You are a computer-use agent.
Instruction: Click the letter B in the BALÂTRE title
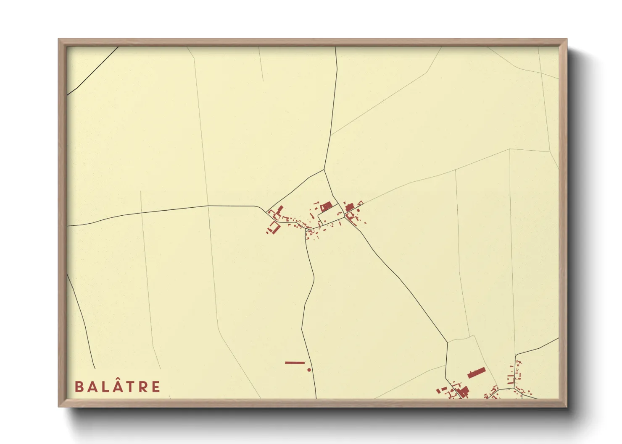click(x=78, y=387)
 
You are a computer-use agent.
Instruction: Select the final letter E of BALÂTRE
click(x=156, y=387)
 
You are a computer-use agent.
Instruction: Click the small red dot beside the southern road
click(x=309, y=370)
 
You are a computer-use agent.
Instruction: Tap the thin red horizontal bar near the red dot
click(x=295, y=363)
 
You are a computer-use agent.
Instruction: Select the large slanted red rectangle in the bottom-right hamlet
click(x=476, y=373)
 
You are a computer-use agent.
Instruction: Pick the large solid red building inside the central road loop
click(x=327, y=206)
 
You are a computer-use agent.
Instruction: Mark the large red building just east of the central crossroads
click(x=350, y=207)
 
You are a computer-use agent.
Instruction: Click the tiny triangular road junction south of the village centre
click(x=308, y=230)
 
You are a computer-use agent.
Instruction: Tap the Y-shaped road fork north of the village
click(x=324, y=170)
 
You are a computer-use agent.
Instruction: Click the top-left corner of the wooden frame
click(x=59, y=40)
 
